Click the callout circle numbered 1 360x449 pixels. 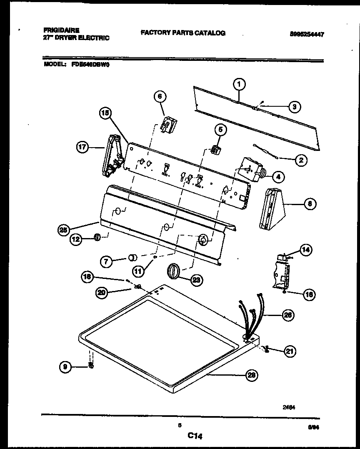point(239,85)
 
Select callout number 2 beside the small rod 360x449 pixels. point(300,159)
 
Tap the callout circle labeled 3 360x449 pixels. point(294,107)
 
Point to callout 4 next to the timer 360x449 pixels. point(278,177)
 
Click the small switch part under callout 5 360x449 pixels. point(215,149)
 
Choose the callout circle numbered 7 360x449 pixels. point(107,261)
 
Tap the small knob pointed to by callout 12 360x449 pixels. point(96,237)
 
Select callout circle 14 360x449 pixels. point(306,250)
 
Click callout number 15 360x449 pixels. point(106,113)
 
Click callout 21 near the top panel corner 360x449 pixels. point(289,352)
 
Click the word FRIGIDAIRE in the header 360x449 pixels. point(61,30)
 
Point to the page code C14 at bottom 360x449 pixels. point(194,436)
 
